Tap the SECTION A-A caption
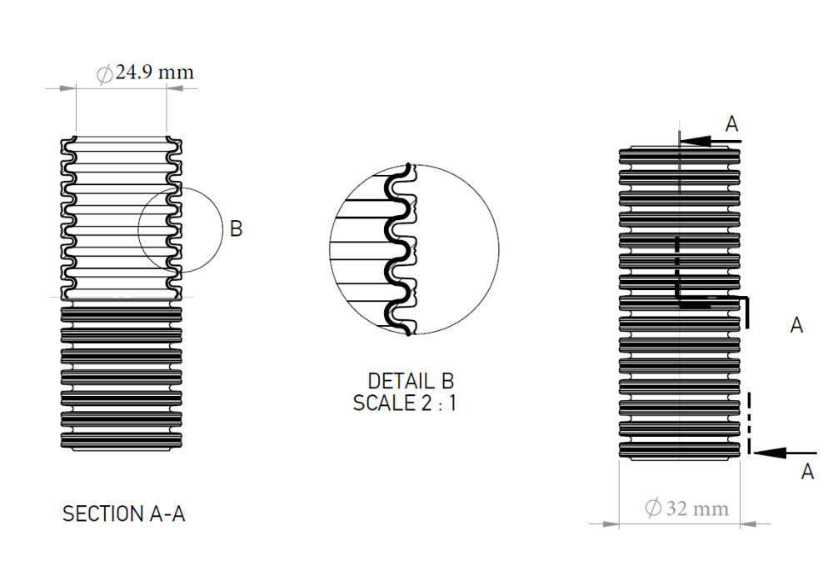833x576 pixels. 124,513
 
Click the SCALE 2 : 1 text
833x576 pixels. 404,403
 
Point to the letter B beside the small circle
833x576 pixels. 237,228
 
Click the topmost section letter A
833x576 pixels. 732,124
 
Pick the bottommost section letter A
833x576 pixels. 807,472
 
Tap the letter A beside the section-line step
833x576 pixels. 796,325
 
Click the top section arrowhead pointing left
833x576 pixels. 696,141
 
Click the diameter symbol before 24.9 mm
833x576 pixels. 105,74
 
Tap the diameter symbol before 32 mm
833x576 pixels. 653,508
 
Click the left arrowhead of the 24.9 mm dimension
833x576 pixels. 68,88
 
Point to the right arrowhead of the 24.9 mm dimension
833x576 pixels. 175,88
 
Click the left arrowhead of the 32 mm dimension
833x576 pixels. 611,523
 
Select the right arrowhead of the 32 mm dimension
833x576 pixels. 748,523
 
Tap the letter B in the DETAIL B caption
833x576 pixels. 447,381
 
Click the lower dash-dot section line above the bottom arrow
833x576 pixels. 749,423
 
